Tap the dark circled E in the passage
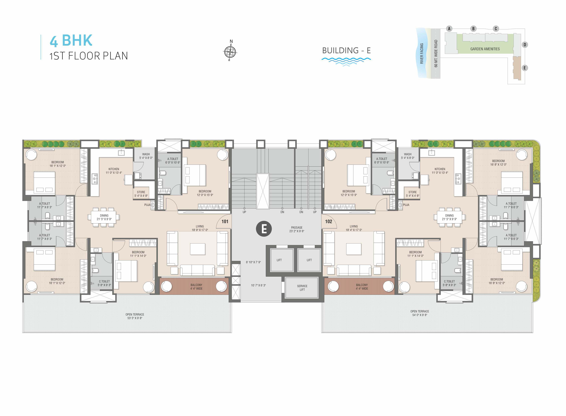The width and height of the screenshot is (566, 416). tap(264, 229)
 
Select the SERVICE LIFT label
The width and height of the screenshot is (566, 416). tap(302, 288)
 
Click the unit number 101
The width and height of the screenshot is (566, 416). tap(225, 222)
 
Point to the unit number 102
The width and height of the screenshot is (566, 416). tap(328, 222)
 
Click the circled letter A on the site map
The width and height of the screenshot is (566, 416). tap(449, 29)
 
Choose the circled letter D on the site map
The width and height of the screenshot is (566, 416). tap(525, 45)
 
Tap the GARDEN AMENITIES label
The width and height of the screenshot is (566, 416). tap(485, 49)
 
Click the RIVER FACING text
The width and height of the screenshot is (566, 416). tap(422, 53)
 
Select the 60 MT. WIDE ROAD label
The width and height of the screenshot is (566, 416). tap(436, 54)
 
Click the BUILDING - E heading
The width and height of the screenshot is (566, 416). tap(346, 51)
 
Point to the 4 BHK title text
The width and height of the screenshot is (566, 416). tap(71, 41)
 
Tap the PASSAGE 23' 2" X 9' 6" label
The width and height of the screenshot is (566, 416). tap(297, 229)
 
